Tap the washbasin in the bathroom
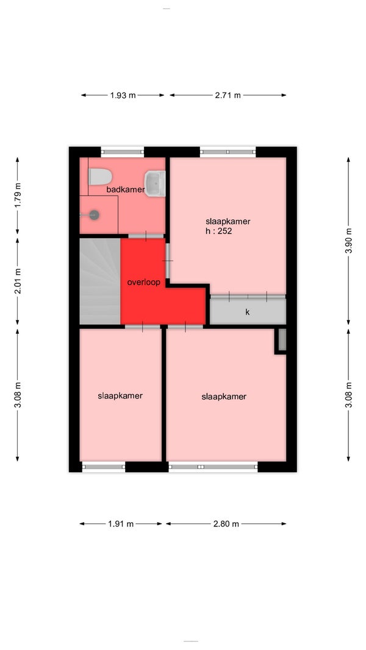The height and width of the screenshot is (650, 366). [155, 183]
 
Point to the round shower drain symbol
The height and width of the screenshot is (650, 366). [95, 214]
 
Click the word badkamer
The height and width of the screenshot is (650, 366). [125, 190]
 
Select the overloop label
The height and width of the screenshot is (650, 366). [143, 283]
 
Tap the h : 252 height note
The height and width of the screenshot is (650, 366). [219, 231]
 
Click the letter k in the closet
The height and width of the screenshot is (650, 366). [247, 312]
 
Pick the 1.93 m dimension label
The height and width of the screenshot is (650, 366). [123, 96]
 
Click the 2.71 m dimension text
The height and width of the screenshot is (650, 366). [228, 96]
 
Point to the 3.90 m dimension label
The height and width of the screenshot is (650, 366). [348, 241]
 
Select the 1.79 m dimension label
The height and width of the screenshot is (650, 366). [18, 196]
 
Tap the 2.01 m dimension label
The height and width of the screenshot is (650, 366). [18, 281]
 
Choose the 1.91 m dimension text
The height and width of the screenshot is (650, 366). [121, 524]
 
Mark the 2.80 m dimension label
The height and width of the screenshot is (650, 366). [226, 524]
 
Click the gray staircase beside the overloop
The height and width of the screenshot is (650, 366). [100, 281]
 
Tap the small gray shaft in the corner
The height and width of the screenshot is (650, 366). [282, 339]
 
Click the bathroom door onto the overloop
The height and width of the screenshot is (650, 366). [146, 236]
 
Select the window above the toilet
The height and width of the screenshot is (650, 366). [123, 152]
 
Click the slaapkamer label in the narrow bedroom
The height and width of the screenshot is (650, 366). [120, 396]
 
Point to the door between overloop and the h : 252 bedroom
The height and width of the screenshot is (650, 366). [168, 261]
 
